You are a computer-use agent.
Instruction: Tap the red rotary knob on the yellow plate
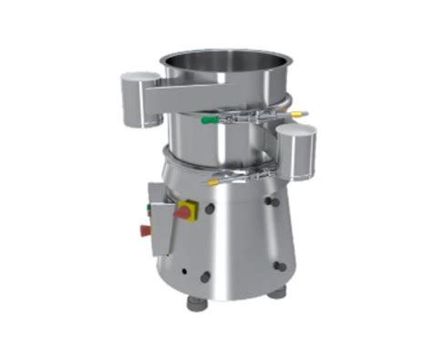coord(184,212)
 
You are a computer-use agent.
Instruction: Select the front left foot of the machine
coord(196,303)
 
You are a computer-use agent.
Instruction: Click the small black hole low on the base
coord(182,271)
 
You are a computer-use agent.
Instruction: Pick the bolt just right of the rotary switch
coord(210,209)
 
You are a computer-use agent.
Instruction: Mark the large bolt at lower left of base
coord(206,276)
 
